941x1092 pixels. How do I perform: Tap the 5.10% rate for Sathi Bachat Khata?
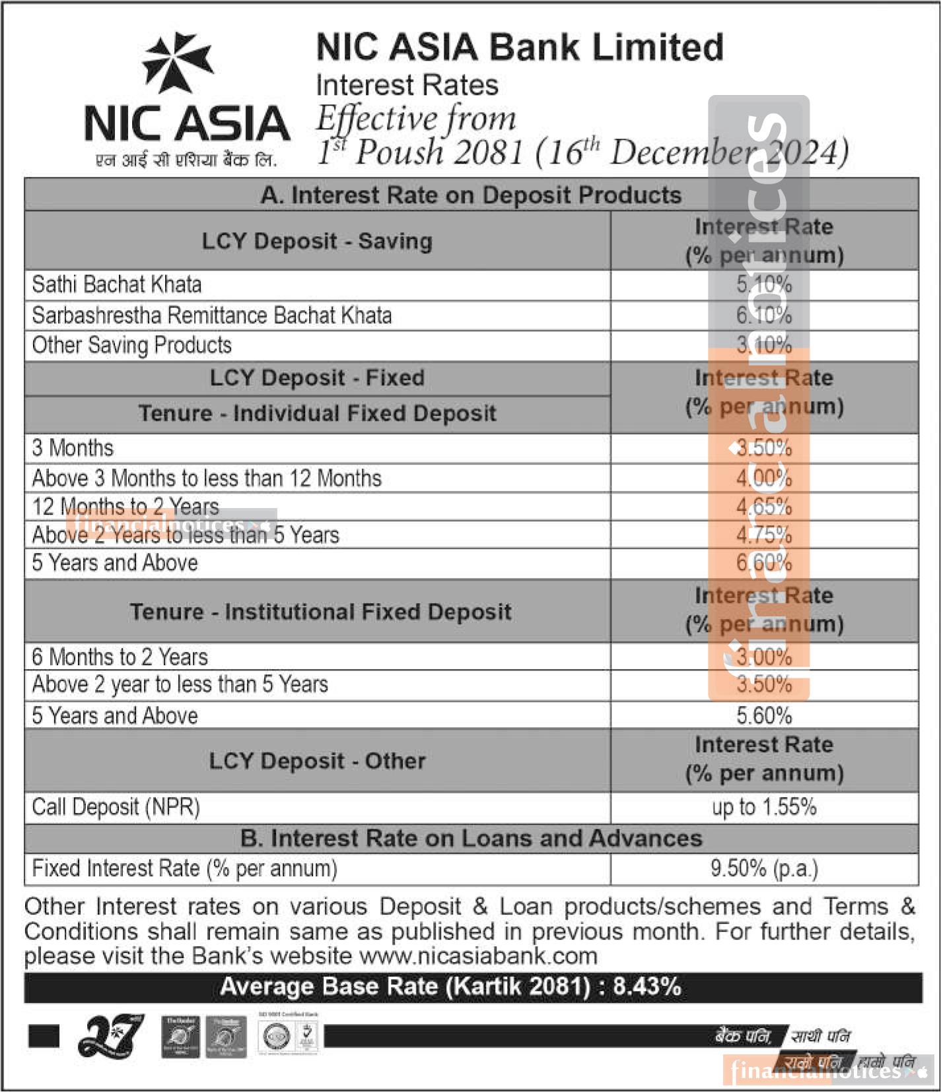pyautogui.click(x=764, y=285)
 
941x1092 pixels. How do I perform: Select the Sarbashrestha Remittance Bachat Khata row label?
pyautogui.click(x=211, y=315)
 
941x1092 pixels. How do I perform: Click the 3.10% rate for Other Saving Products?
pyautogui.click(x=764, y=345)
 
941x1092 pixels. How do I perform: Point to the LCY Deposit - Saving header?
pyautogui.click(x=317, y=241)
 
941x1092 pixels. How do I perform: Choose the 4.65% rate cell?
pyautogui.click(x=764, y=507)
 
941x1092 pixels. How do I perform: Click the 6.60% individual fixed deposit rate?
pyautogui.click(x=764, y=563)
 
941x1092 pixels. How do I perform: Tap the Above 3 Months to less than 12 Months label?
pyautogui.click(x=207, y=478)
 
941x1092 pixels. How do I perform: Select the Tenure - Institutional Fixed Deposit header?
pyautogui.click(x=320, y=612)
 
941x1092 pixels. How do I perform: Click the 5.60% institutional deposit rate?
pyautogui.click(x=764, y=715)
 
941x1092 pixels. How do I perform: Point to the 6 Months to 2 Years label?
pyautogui.click(x=120, y=657)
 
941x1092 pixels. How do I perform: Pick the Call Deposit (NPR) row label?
pyautogui.click(x=116, y=807)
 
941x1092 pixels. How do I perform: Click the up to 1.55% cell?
pyautogui.click(x=764, y=807)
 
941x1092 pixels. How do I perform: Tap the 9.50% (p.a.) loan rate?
pyautogui.click(x=764, y=868)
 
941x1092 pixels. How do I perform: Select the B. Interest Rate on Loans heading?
pyautogui.click(x=471, y=838)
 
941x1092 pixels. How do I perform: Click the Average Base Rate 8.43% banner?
pyautogui.click(x=450, y=987)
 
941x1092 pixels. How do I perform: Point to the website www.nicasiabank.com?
pyautogui.click(x=478, y=955)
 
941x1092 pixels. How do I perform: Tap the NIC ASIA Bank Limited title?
pyautogui.click(x=520, y=48)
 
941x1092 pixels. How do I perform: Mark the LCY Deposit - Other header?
pyautogui.click(x=317, y=761)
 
